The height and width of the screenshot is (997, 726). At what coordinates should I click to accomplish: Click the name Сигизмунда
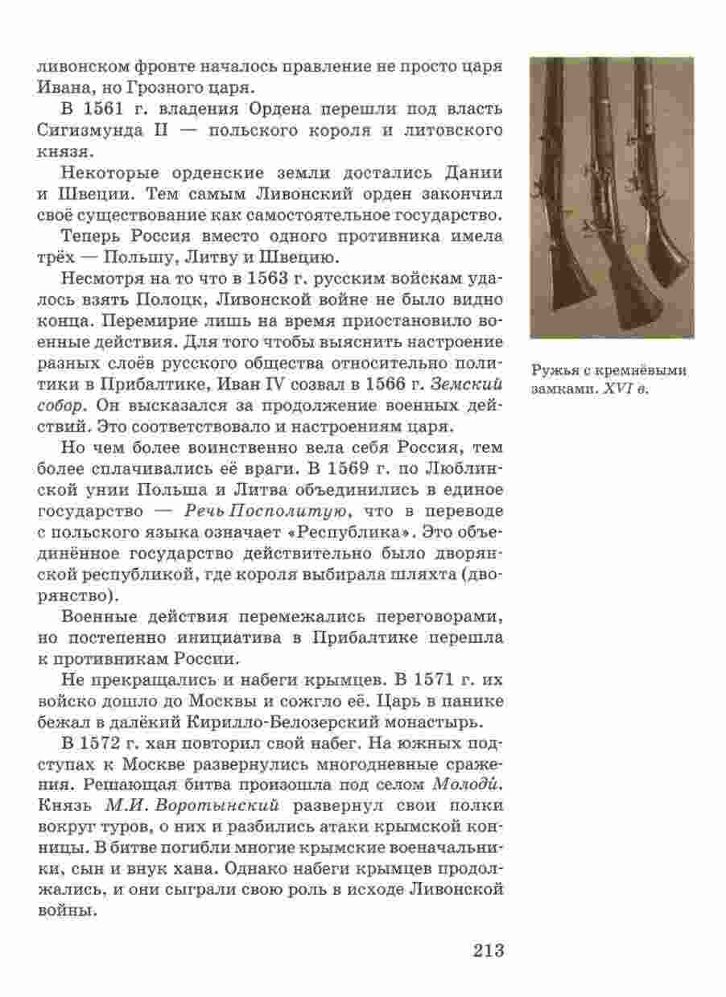93,130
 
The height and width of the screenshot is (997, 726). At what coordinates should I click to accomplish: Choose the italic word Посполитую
290,511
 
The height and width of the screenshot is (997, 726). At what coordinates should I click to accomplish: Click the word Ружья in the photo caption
549,370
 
